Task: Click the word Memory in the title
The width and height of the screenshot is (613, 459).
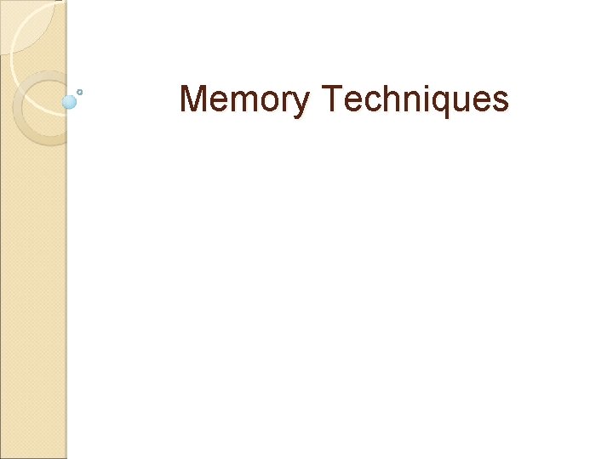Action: (x=245, y=100)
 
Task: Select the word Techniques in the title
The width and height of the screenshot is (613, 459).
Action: (x=415, y=100)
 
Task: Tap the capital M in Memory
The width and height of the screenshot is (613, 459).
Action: (x=192, y=99)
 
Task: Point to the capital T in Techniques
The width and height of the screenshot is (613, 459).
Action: (x=331, y=99)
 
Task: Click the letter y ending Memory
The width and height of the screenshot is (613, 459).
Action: (x=303, y=104)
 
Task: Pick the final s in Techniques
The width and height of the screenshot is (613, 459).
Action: (x=501, y=103)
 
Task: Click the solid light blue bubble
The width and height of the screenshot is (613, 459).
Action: (x=69, y=102)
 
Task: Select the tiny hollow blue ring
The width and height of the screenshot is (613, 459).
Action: (x=80, y=91)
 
